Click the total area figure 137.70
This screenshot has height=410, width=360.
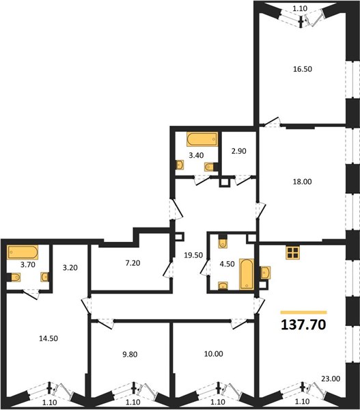[x=303, y=325]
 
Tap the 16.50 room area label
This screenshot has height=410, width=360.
[x=303, y=69]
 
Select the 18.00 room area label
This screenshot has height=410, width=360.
[x=302, y=182]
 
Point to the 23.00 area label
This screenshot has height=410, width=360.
[x=331, y=379]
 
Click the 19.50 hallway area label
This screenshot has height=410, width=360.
[x=193, y=255]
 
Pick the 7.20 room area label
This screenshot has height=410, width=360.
[x=133, y=263]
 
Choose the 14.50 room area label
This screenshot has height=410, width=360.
[x=49, y=339]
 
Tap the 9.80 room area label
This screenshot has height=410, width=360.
[x=130, y=355]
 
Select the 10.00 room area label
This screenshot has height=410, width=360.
[x=214, y=354]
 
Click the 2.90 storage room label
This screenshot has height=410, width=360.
[x=238, y=151]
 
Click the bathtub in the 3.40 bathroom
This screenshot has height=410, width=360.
[x=202, y=139]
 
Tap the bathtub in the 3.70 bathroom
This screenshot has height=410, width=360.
[x=23, y=252]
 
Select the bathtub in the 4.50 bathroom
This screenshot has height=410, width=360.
[x=247, y=274]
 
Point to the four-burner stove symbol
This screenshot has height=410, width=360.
[x=293, y=253]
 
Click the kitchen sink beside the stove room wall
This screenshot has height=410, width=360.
[x=265, y=273]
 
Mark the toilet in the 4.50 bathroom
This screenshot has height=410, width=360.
[x=223, y=242]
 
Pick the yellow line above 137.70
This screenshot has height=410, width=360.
[x=303, y=312]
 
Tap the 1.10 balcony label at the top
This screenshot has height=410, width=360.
[x=300, y=8]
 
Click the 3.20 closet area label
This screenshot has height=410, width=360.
[x=70, y=268]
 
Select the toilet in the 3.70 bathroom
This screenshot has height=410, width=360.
[x=14, y=277]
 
